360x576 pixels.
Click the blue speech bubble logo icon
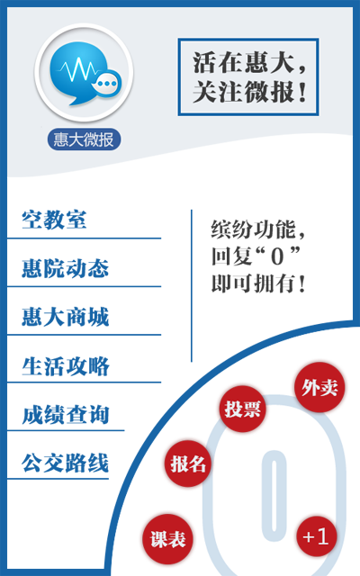[84, 74]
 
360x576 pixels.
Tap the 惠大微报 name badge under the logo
[84, 139]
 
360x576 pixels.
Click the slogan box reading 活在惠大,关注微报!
[248, 77]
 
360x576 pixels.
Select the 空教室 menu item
[54, 220]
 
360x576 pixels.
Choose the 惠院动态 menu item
[65, 268]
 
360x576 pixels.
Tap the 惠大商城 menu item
[65, 316]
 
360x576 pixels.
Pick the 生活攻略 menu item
[65, 365]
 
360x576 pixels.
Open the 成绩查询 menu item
[65, 414]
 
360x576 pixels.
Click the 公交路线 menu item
[65, 463]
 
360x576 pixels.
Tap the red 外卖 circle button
[319, 387]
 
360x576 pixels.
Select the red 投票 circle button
[242, 409]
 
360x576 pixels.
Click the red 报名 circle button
[188, 463]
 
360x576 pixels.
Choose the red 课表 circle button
[168, 539]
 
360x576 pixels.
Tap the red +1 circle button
[316, 536]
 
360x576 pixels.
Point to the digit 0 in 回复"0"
[277, 256]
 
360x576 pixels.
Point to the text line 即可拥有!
[258, 283]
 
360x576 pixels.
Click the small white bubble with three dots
[107, 84]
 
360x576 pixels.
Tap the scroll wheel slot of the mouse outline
[274, 496]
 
